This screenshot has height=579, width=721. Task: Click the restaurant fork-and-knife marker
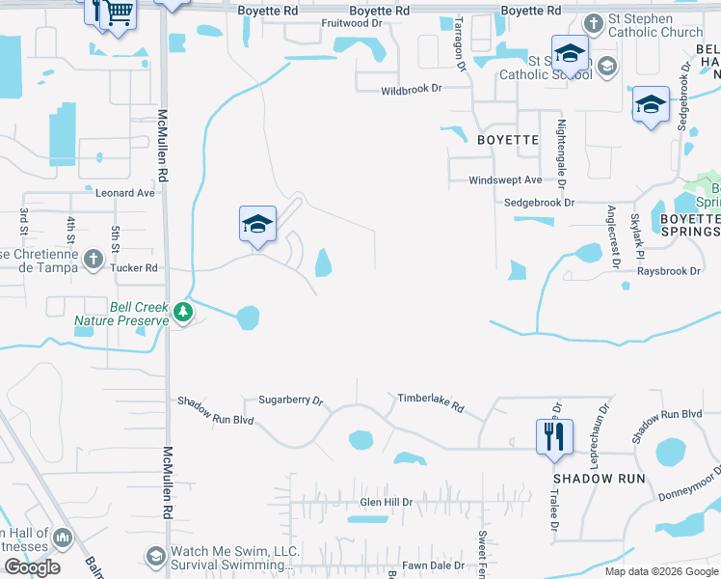coord(554,435)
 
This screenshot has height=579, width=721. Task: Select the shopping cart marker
coord(117,14)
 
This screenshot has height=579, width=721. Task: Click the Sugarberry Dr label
coord(290,400)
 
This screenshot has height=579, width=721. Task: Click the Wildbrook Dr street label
coord(411,88)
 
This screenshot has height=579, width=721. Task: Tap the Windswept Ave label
coord(505,180)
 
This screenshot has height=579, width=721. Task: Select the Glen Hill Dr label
coord(386,503)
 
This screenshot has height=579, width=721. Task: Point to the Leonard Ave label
coord(124,193)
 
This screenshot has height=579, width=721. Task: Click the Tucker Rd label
coord(134,268)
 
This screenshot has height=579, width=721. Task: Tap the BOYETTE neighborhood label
coord(508,140)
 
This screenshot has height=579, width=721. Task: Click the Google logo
coord(32,567)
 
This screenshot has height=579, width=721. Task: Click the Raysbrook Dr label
coord(669,271)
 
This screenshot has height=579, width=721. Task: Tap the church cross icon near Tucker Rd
coord(93,259)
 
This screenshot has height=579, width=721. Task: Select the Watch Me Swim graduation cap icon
coord(155,557)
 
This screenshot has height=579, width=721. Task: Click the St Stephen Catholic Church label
coord(655,33)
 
